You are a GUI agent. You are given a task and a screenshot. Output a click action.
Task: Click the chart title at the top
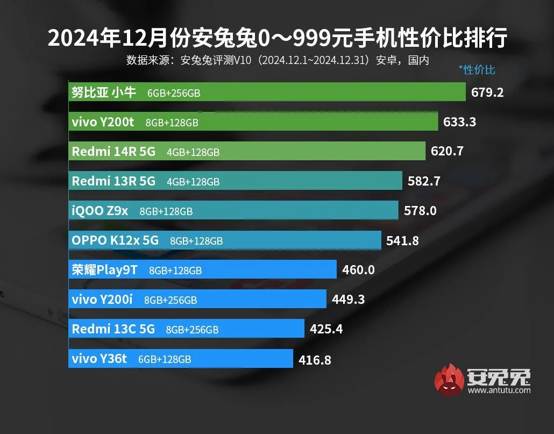click(x=277, y=39)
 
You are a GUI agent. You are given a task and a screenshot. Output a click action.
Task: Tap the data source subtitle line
click(x=277, y=60)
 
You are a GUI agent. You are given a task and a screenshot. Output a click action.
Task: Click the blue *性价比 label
click(x=477, y=69)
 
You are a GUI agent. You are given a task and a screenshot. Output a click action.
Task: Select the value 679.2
click(x=487, y=93)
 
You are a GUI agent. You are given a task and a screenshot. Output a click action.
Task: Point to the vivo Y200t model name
click(x=103, y=122)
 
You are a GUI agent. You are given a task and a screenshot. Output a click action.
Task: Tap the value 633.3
click(x=459, y=122)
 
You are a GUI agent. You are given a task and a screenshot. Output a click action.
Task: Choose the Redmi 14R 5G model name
click(x=113, y=152)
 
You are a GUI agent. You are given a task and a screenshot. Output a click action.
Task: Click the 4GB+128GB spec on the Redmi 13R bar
click(x=193, y=182)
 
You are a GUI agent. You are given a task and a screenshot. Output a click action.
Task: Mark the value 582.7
click(x=424, y=181)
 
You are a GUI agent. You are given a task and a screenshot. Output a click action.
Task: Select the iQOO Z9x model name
click(x=100, y=211)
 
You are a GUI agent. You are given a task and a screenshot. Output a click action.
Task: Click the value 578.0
click(x=420, y=211)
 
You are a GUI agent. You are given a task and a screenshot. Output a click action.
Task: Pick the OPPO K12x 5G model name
click(x=115, y=240)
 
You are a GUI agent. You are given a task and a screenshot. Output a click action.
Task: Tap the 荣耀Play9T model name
click(x=104, y=270)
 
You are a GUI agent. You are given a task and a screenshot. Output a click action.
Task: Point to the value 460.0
click(x=358, y=270)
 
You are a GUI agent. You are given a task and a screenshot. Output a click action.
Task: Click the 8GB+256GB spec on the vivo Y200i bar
click(x=171, y=300)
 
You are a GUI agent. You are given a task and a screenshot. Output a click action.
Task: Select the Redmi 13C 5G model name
click(x=113, y=329)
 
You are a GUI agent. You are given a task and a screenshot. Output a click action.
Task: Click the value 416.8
click(x=315, y=359)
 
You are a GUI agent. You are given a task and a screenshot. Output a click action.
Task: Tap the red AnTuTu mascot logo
click(x=449, y=379)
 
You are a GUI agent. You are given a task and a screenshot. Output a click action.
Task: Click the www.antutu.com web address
click(x=499, y=390)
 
